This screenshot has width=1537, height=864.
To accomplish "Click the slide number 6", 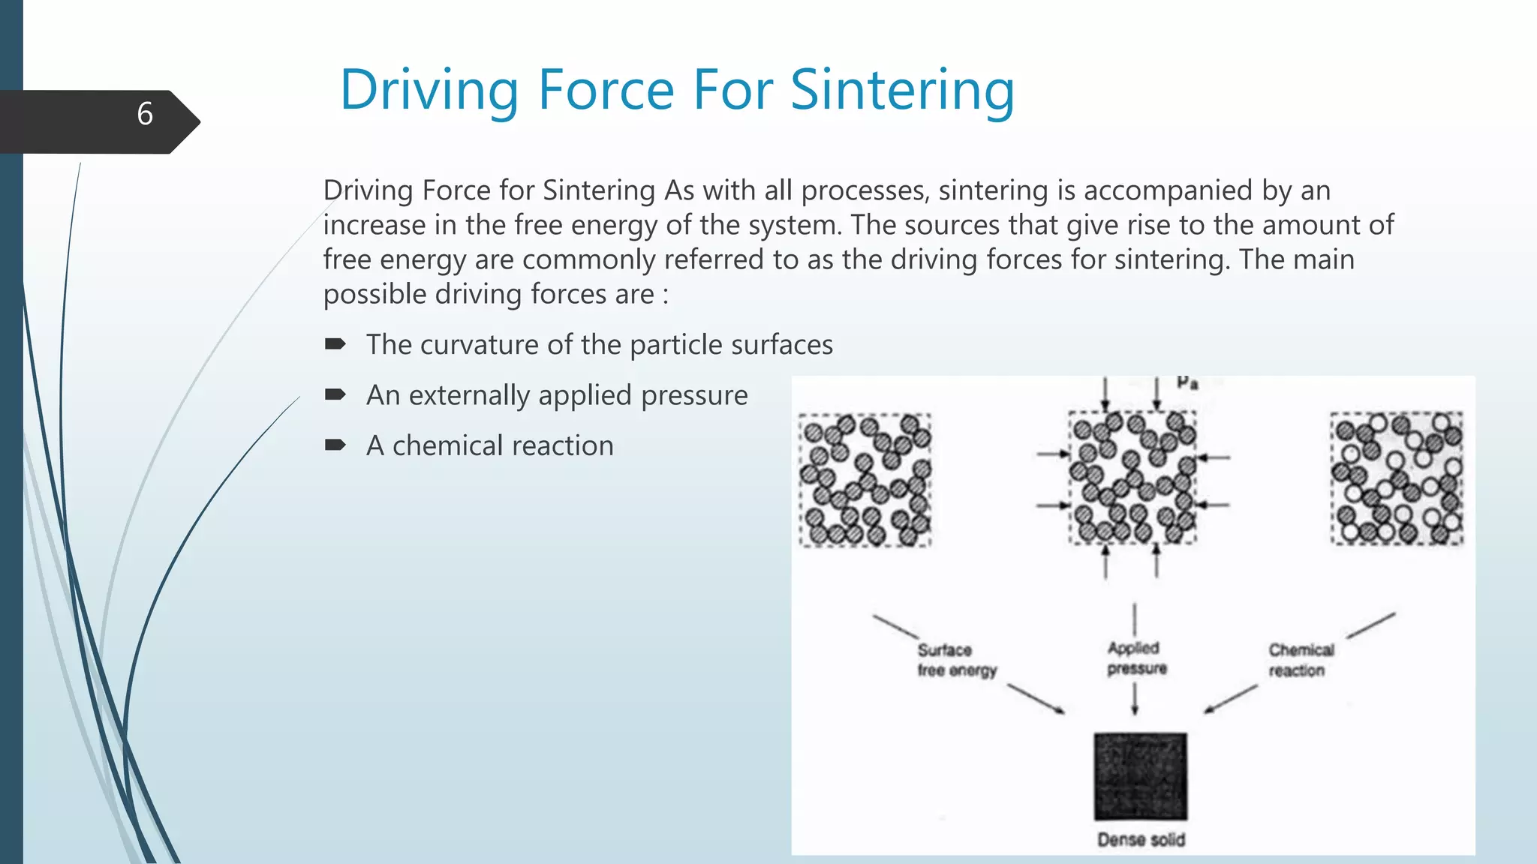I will click(x=145, y=114).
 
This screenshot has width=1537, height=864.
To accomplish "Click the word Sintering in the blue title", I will click(x=902, y=90).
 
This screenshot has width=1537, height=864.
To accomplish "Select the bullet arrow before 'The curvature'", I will click(x=335, y=344).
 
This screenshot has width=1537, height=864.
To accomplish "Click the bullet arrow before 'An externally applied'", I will click(x=335, y=394).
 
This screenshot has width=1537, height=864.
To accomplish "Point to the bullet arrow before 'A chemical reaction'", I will click(x=335, y=445).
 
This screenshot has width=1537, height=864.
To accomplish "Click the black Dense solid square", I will click(x=1140, y=776).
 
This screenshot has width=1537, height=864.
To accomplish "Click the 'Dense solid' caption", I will click(x=1141, y=839).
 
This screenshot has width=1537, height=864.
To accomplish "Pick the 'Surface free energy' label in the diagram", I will click(x=955, y=660).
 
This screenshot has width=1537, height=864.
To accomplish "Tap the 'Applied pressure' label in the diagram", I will click(x=1136, y=658).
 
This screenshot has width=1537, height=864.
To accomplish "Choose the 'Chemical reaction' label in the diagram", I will click(x=1301, y=660).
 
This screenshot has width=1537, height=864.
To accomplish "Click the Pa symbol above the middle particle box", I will click(x=1187, y=382).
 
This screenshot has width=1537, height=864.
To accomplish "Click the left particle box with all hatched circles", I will click(x=865, y=480).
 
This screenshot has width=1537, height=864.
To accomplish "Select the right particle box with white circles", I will click(x=1397, y=478).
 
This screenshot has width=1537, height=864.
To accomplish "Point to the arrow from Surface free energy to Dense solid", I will click(x=1036, y=698).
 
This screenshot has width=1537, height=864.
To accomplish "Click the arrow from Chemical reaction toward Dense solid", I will click(x=1231, y=698).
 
